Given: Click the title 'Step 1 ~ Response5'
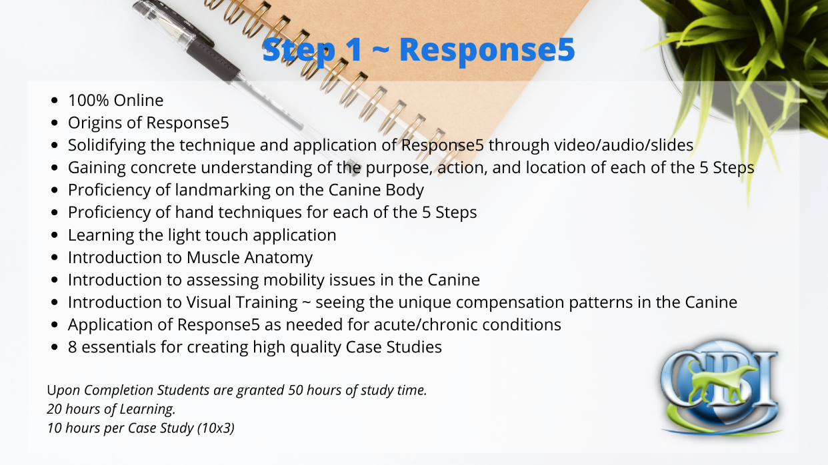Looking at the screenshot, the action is [x=419, y=50].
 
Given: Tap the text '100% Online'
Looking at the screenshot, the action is [x=116, y=101].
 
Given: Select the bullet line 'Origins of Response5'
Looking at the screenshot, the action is [x=149, y=123].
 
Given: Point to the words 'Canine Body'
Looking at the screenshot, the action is [x=376, y=191].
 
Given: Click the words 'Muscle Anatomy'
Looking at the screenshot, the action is [x=249, y=258].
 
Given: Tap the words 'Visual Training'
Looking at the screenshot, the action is [x=242, y=302].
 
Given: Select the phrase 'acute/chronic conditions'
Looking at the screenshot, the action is [x=467, y=325].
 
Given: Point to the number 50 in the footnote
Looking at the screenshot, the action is [x=295, y=390].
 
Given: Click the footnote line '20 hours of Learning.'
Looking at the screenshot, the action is [x=111, y=409].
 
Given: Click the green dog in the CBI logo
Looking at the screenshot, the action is [x=716, y=384].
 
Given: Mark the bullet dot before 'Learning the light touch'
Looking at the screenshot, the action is [x=55, y=235].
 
